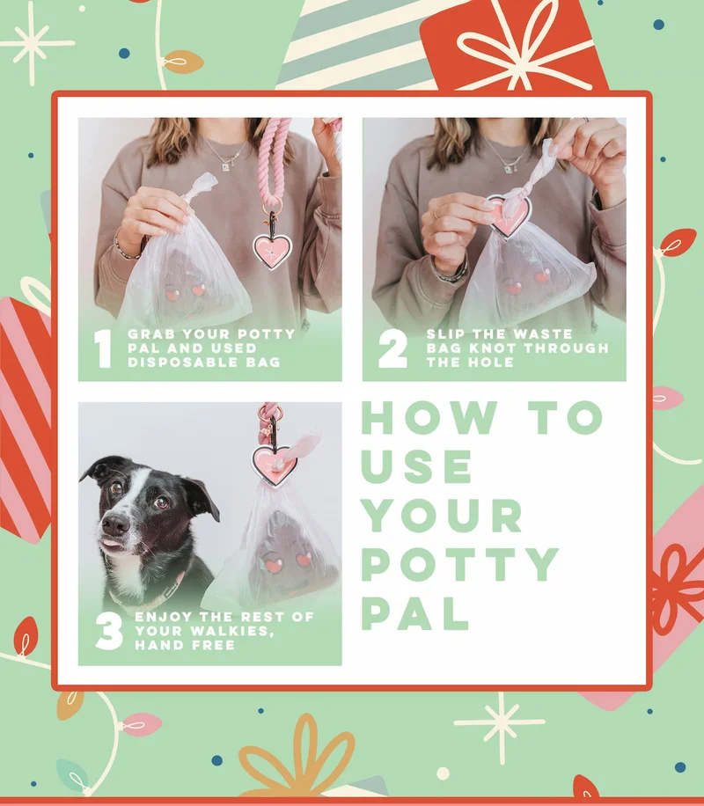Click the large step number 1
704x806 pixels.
point(104,348)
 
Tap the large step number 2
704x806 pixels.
point(392,348)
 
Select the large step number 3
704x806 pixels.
point(109,631)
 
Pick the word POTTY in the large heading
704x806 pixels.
point(460,564)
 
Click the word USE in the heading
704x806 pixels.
point(417,466)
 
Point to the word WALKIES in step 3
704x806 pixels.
point(232,631)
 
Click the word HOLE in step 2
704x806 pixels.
point(492,363)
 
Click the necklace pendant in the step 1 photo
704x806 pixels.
point(225,166)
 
